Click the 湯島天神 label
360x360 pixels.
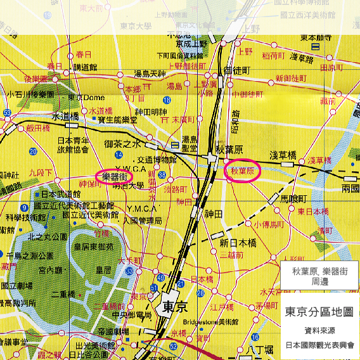click(x=150, y=74)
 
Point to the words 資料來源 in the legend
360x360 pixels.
click(x=319, y=330)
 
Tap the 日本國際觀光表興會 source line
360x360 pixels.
click(x=319, y=345)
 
